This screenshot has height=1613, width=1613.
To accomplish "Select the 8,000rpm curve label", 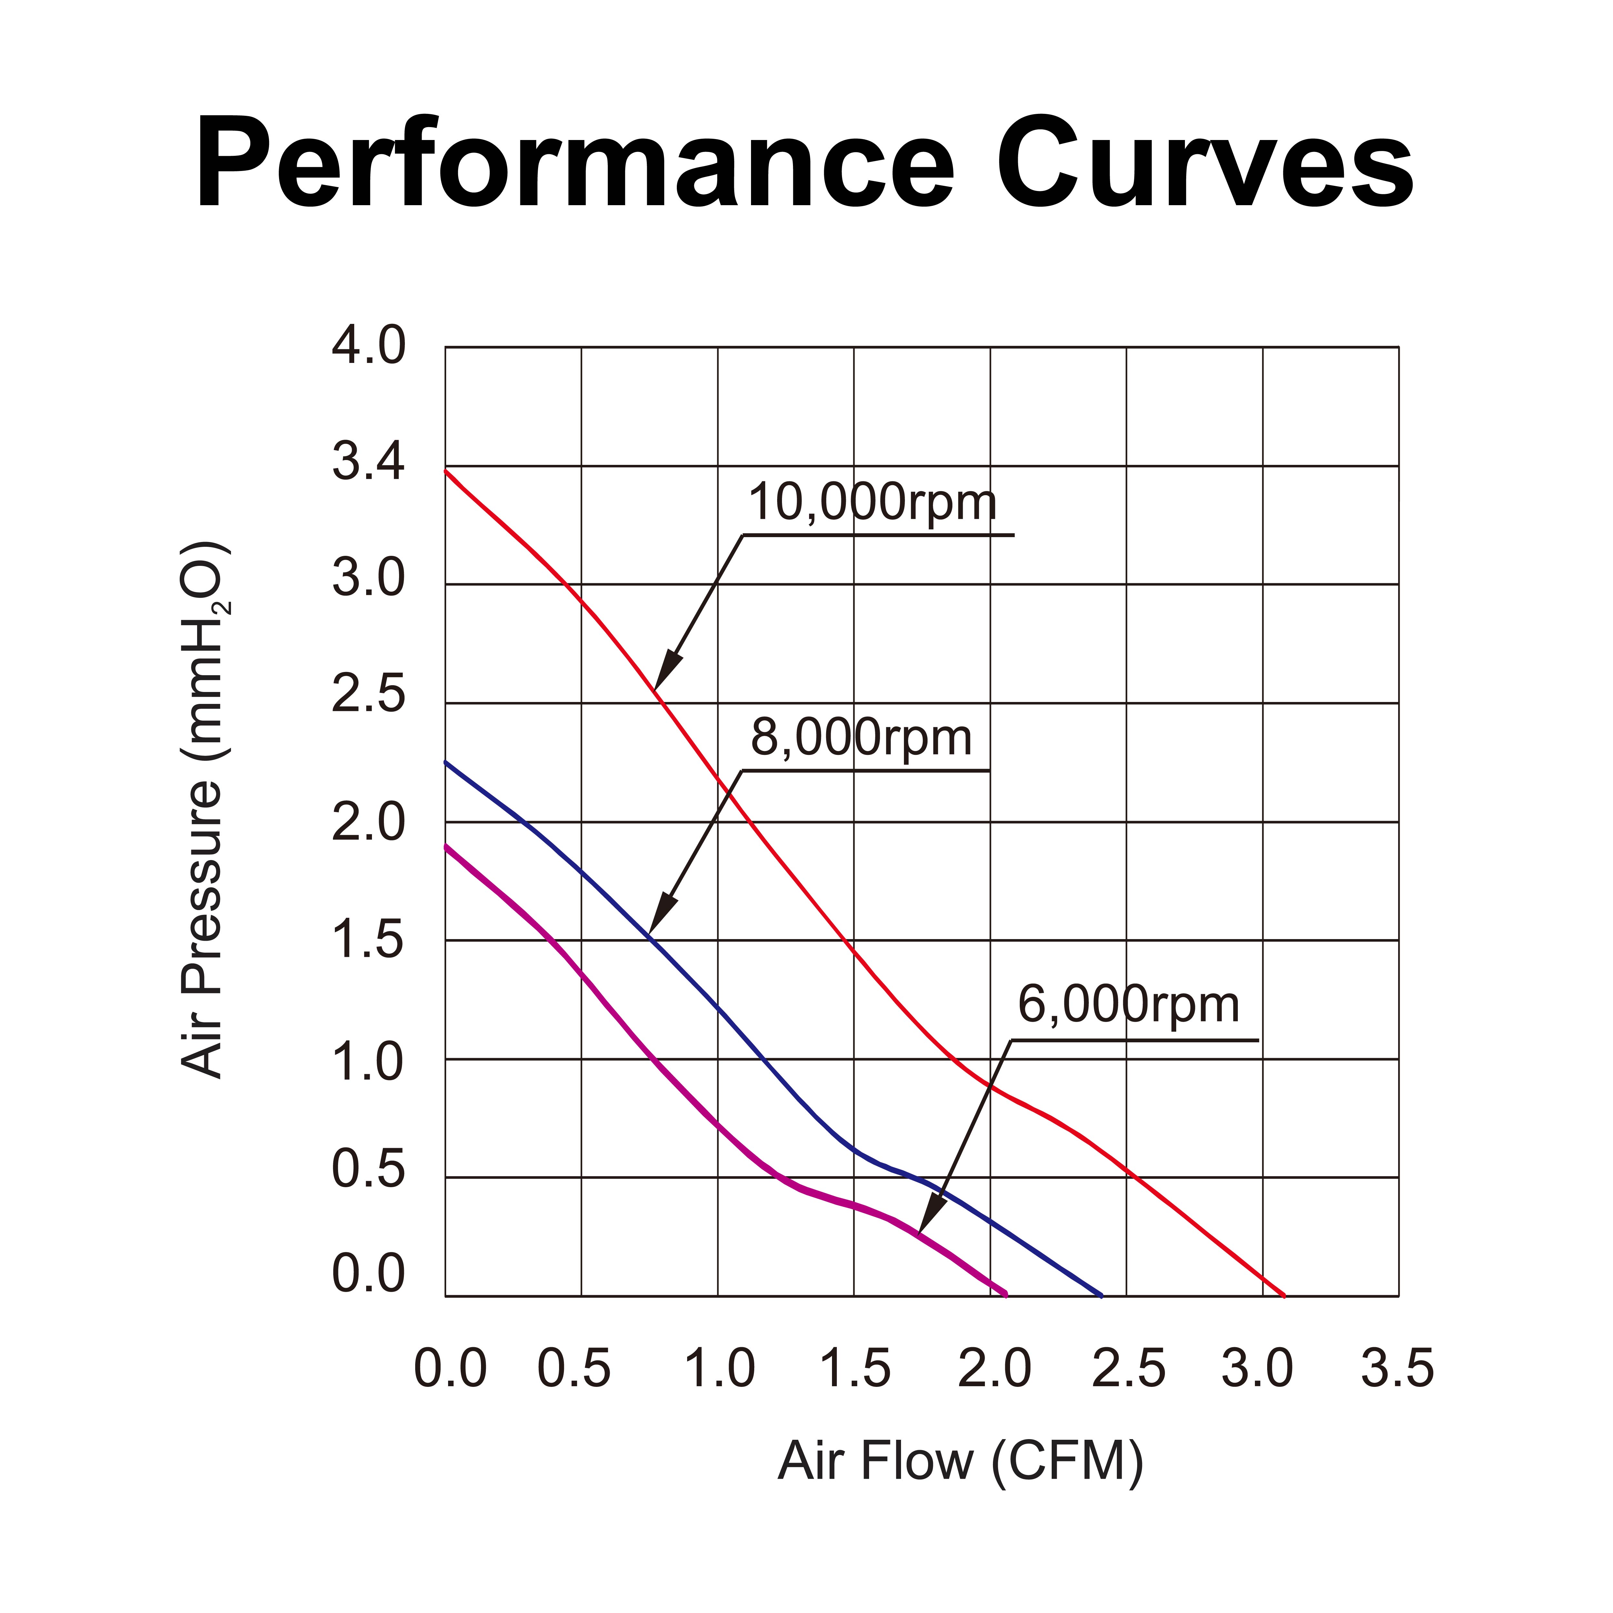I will coord(862,738).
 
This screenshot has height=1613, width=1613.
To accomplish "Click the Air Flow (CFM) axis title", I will coord(960,1461).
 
